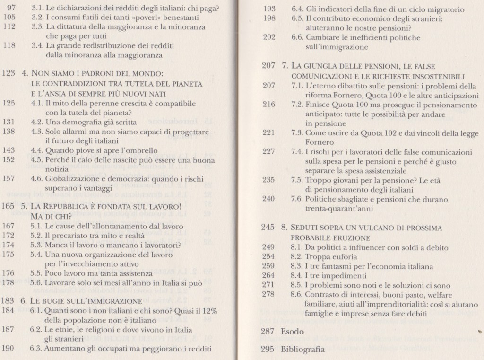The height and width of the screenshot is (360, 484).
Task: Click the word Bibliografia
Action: pyautogui.click(x=303, y=350)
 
